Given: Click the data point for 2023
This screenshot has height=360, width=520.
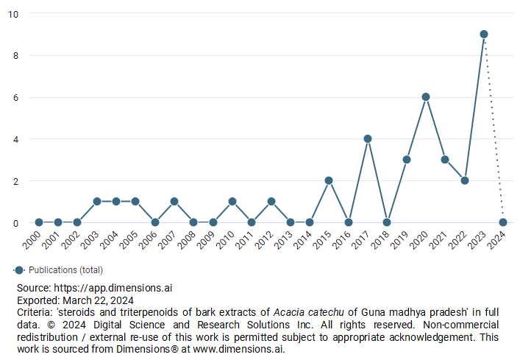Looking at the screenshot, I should pos(484,35).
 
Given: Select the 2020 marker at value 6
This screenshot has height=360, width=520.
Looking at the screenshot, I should pos(426,97).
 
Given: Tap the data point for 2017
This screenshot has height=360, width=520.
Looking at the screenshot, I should pos(368,138).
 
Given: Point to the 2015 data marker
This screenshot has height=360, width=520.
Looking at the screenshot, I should pos(329,180).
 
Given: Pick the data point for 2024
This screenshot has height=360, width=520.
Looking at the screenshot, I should pos(503,222).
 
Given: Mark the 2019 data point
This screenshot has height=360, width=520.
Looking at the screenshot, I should pos(406,160).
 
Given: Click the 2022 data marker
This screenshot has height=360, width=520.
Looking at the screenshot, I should pos(464,180).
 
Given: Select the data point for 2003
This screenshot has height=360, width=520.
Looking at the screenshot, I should pos(96,202).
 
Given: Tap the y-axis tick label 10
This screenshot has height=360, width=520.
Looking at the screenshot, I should pos(14,14).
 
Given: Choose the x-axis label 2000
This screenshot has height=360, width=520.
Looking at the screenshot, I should pos(33,241).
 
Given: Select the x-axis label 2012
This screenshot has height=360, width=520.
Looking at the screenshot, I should pos(266,241).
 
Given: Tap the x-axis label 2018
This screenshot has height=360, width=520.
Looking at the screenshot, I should pos(382,241).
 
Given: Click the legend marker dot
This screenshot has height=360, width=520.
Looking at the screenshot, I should pos(19,270).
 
